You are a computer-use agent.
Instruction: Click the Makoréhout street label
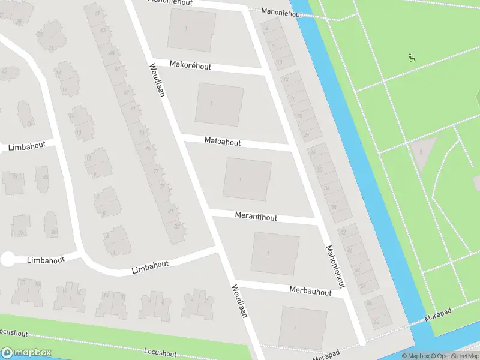click(190, 65)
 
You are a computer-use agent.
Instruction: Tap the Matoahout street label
click(223, 142)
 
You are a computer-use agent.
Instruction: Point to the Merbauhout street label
click(310, 292)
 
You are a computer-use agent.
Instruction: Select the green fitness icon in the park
click(412, 58)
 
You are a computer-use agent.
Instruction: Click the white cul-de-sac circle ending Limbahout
click(7, 259)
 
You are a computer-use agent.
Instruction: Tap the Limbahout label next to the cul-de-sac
click(45, 259)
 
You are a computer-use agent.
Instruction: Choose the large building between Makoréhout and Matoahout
click(219, 104)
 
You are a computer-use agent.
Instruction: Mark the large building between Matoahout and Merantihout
click(247, 179)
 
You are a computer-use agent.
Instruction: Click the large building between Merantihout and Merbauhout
click(275, 253)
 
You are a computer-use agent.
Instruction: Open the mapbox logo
click(26, 353)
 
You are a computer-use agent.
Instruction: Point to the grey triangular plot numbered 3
click(422, 150)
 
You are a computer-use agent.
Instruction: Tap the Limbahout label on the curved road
click(150, 267)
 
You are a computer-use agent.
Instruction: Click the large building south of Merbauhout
click(302, 327)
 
